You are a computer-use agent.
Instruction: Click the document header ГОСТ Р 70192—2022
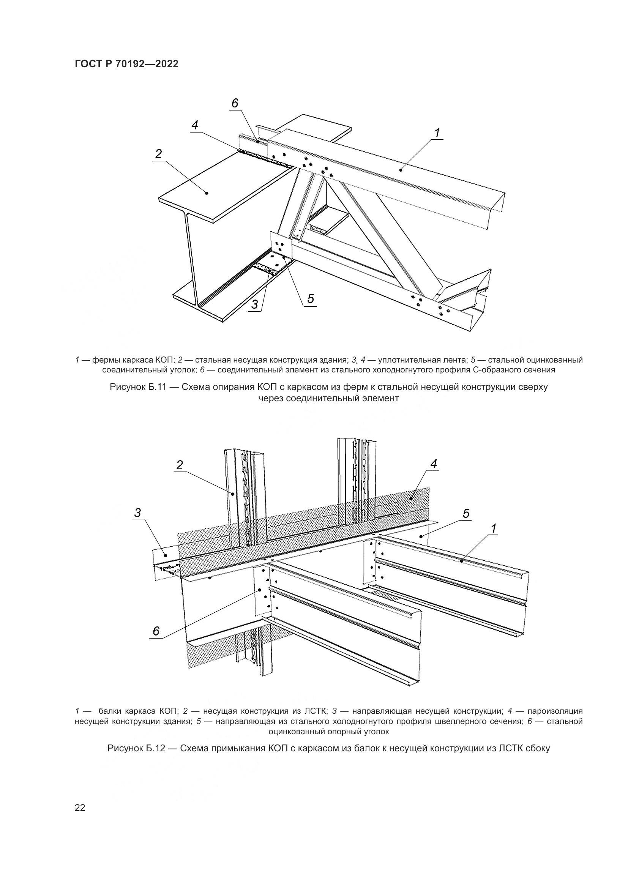(x=126, y=64)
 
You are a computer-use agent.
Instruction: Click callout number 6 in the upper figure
(x=235, y=103)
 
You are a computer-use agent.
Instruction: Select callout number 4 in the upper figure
(x=195, y=125)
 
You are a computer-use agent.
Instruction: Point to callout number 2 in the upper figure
(x=158, y=154)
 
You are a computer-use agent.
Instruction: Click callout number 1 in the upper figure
(x=437, y=132)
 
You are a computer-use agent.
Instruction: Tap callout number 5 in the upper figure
(x=311, y=298)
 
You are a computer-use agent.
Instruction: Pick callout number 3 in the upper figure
(x=254, y=304)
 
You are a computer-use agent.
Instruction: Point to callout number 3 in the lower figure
(x=137, y=513)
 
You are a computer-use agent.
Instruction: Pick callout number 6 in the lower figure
(x=156, y=631)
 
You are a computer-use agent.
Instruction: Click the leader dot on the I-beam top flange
(x=207, y=192)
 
